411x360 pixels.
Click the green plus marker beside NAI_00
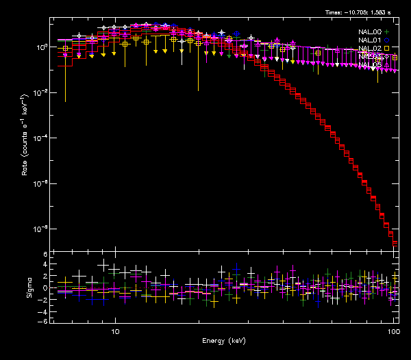pyautogui.click(x=387, y=31)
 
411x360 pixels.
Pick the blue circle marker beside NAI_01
pyautogui.click(x=387, y=40)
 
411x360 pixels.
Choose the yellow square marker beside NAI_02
pyautogui.click(x=387, y=48)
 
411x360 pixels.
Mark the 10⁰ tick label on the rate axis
pyautogui.click(x=42, y=47)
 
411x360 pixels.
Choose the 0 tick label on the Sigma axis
pyautogui.click(x=45, y=287)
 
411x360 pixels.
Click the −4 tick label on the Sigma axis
pyautogui.click(x=43, y=310)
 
